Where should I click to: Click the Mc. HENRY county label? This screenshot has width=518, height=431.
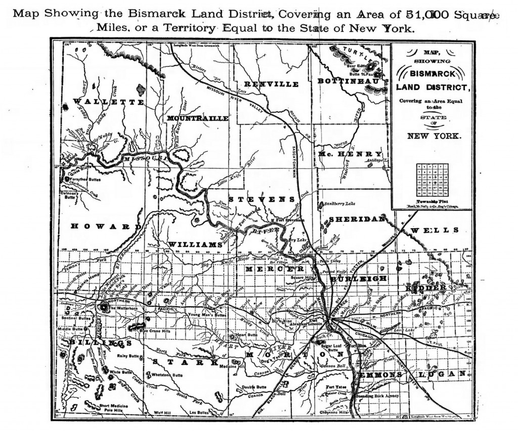point(350,154)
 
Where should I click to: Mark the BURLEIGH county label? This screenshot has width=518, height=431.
point(359,279)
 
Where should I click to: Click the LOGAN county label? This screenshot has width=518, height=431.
point(442,374)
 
